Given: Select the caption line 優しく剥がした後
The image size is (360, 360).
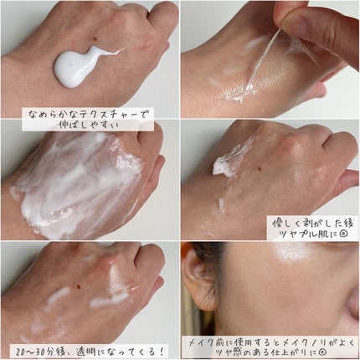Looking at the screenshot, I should coord(312,221).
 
